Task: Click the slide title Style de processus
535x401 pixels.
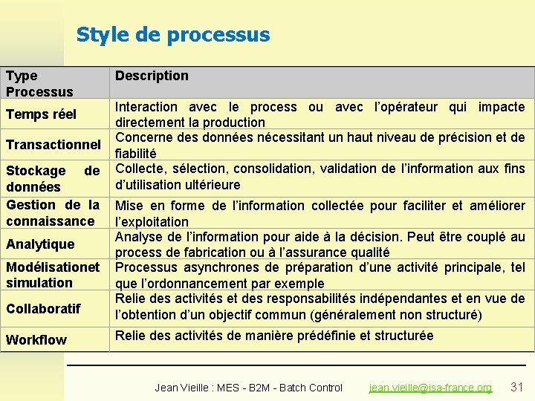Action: click(173, 35)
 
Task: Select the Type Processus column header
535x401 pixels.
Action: click(39, 83)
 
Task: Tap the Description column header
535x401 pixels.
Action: click(152, 76)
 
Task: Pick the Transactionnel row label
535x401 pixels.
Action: click(53, 144)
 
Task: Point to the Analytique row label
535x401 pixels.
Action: click(40, 244)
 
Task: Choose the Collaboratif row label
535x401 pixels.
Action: click(43, 308)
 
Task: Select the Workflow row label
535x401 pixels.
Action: click(36, 340)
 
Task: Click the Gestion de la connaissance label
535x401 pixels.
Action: click(52, 213)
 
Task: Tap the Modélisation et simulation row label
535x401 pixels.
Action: click(52, 274)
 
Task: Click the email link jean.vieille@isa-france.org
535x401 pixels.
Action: click(431, 388)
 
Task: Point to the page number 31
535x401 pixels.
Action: click(517, 387)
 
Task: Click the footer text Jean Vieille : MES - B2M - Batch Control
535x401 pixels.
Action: click(248, 388)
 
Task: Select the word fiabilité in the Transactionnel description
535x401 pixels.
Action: click(136, 154)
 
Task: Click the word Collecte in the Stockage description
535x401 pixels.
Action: click(140, 169)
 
